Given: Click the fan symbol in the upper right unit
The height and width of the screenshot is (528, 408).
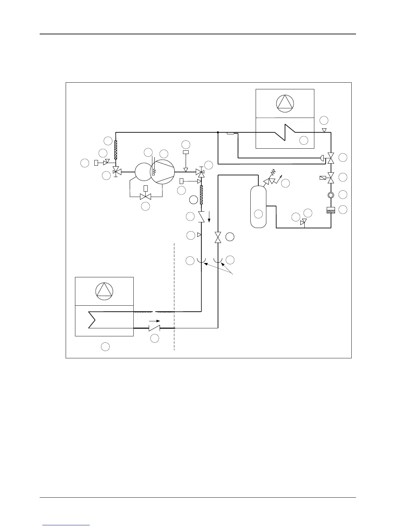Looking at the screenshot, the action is (285, 103).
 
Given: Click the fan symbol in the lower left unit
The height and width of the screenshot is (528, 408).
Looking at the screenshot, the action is (104, 291).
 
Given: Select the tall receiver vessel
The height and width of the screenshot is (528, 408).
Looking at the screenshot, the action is (258, 206).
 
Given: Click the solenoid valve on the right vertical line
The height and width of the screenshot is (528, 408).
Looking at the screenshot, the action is (331, 178).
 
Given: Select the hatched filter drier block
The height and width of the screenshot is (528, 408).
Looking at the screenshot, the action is (331, 210).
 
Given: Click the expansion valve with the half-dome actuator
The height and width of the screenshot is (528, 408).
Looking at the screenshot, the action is (330, 158).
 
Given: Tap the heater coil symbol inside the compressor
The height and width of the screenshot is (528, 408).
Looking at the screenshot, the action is (154, 172).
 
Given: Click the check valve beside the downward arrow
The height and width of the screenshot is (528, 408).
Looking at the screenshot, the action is (201, 217).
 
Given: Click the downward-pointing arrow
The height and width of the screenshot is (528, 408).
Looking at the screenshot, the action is (209, 219).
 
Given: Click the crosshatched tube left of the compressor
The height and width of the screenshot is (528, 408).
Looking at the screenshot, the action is (116, 150).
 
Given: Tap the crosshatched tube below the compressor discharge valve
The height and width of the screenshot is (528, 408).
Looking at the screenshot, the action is (201, 195).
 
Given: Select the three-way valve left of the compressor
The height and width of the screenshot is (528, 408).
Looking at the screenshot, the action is (116, 172).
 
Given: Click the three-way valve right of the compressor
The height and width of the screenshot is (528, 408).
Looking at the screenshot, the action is (201, 172).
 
